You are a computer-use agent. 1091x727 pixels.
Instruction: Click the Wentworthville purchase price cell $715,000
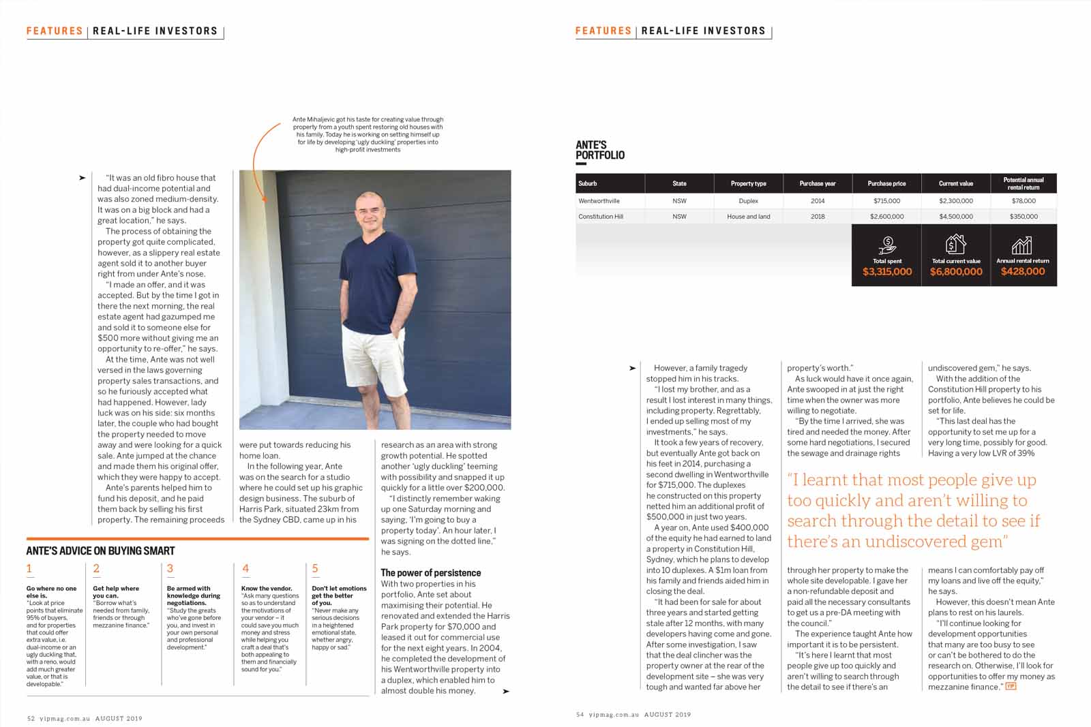(886, 201)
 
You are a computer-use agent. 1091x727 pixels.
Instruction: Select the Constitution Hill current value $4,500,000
(955, 217)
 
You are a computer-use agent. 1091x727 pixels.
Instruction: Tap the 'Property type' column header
(748, 183)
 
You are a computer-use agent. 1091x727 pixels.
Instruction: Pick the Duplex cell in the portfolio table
(748, 201)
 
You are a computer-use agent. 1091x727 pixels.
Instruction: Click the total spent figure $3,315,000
(886, 272)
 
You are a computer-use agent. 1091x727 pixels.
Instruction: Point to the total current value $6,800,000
(955, 272)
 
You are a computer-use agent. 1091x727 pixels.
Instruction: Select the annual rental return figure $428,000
(1023, 271)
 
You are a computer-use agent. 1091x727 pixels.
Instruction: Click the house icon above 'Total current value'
(955, 243)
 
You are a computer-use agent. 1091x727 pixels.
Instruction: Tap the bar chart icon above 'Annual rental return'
(1022, 245)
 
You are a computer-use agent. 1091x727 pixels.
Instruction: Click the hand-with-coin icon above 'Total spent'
(887, 244)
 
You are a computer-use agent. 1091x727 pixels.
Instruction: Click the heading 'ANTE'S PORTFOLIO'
(599, 150)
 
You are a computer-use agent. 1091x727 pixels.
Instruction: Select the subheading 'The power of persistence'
(430, 573)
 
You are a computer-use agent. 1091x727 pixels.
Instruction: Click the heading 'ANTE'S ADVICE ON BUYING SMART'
(100, 551)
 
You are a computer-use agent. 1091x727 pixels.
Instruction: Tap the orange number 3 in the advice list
(170, 568)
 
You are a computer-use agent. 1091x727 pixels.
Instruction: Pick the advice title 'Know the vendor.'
(266, 588)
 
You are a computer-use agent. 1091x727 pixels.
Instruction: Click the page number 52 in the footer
(31, 718)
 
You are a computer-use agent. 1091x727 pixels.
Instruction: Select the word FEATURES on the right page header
(603, 31)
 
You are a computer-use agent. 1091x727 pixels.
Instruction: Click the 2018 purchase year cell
(818, 217)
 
